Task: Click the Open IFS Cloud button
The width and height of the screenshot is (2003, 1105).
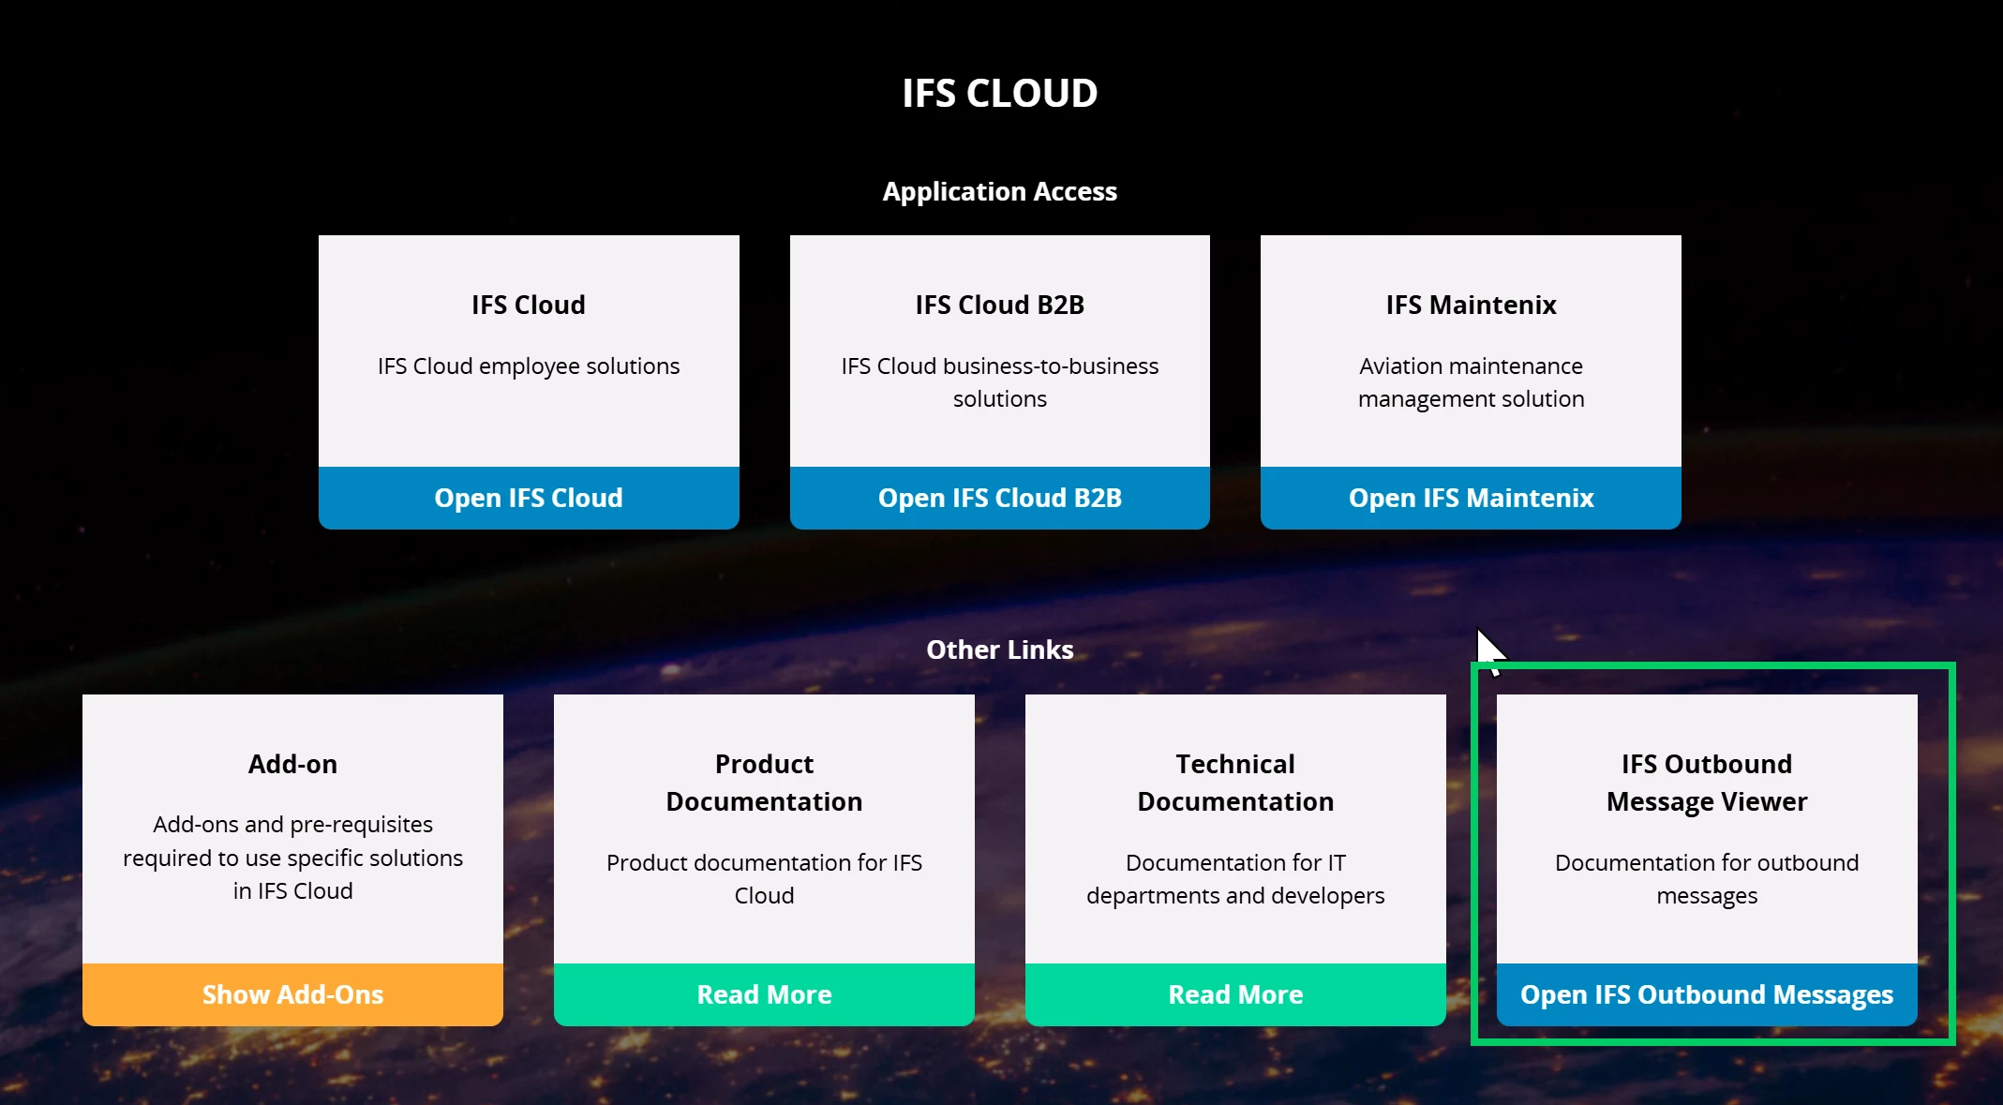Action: pyautogui.click(x=529, y=498)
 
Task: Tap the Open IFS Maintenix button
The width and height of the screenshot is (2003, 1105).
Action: pyautogui.click(x=1471, y=498)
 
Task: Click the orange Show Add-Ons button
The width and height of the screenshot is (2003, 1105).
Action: pyautogui.click(x=292, y=994)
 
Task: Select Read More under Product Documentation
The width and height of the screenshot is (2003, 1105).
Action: pyautogui.click(x=764, y=994)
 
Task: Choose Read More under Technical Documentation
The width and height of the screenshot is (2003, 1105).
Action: pyautogui.click(x=1235, y=994)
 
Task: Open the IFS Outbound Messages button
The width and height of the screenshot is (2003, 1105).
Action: pyautogui.click(x=1707, y=994)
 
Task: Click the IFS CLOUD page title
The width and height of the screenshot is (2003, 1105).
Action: pyautogui.click(x=1000, y=93)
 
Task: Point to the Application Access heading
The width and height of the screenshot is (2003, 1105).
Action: pyautogui.click(x=1000, y=191)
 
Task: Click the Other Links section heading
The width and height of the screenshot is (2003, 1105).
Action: pyautogui.click(x=1000, y=650)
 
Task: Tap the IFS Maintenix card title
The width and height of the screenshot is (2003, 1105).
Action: pyautogui.click(x=1471, y=305)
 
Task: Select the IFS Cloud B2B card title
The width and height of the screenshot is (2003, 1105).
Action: pyautogui.click(x=1000, y=305)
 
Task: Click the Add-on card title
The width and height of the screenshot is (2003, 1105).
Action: pyautogui.click(x=292, y=764)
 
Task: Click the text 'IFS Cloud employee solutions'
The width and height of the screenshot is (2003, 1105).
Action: pyautogui.click(x=529, y=366)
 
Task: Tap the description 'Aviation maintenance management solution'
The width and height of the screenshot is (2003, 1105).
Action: pyautogui.click(x=1471, y=382)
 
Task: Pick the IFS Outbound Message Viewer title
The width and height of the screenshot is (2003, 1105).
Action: pyautogui.click(x=1707, y=783)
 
